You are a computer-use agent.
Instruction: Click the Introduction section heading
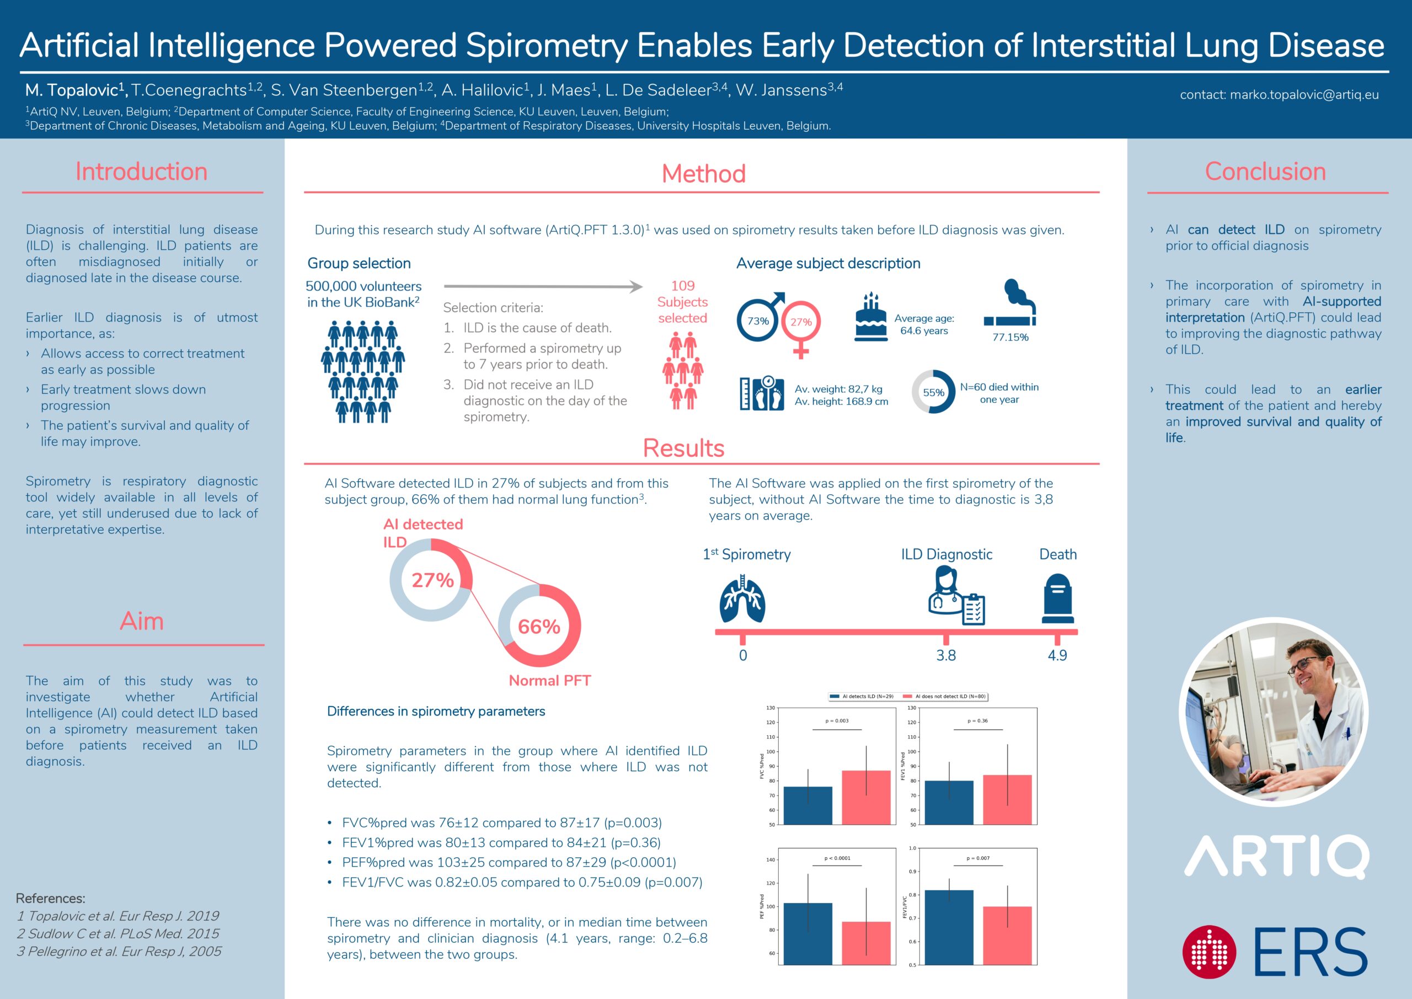141,172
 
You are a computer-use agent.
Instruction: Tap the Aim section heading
142,621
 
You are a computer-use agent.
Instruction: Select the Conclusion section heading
1265,172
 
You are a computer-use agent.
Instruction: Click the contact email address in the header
1279,95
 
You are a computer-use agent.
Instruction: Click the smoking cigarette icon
1010,304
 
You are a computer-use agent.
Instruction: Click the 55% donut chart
933,392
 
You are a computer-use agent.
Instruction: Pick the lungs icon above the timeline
742,599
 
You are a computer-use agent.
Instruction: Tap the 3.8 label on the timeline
946,656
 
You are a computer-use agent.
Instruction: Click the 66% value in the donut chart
539,627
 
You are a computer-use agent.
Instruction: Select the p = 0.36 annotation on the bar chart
978,721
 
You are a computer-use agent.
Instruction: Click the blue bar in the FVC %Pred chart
807,805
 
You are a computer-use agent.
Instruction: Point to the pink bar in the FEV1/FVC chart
1007,935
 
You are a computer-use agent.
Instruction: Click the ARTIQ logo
1277,856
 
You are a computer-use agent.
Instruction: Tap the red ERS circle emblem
1209,952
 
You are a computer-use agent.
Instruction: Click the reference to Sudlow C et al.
118,934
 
